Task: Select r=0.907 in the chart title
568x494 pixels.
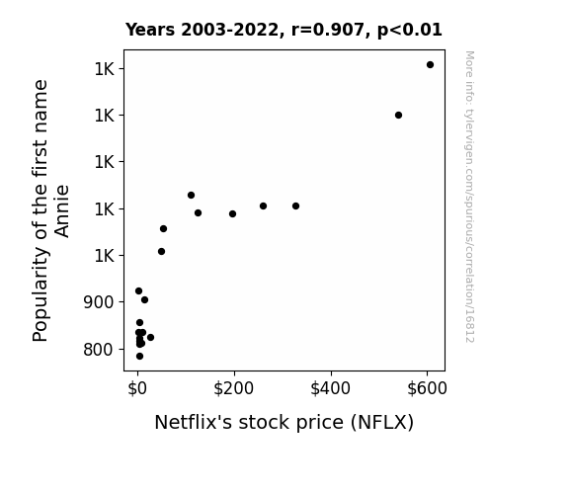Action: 329,30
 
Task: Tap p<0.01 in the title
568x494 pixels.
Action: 410,30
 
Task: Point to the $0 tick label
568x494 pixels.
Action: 137,388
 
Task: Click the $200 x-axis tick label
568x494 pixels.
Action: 234,388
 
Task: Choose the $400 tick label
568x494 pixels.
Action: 330,388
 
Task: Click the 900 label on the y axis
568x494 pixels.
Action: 99,302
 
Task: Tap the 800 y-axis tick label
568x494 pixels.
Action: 99,350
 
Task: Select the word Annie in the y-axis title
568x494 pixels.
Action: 62,211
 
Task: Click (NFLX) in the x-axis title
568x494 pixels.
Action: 382,423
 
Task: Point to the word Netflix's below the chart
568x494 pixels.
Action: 193,422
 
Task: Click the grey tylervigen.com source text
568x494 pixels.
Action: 469,197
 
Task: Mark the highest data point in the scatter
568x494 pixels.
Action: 430,65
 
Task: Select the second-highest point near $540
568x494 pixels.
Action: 398,116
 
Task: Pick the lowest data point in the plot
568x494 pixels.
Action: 140,357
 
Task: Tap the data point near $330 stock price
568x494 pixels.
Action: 295,206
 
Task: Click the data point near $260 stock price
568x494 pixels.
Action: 264,206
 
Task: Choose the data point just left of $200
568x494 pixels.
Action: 232,213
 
